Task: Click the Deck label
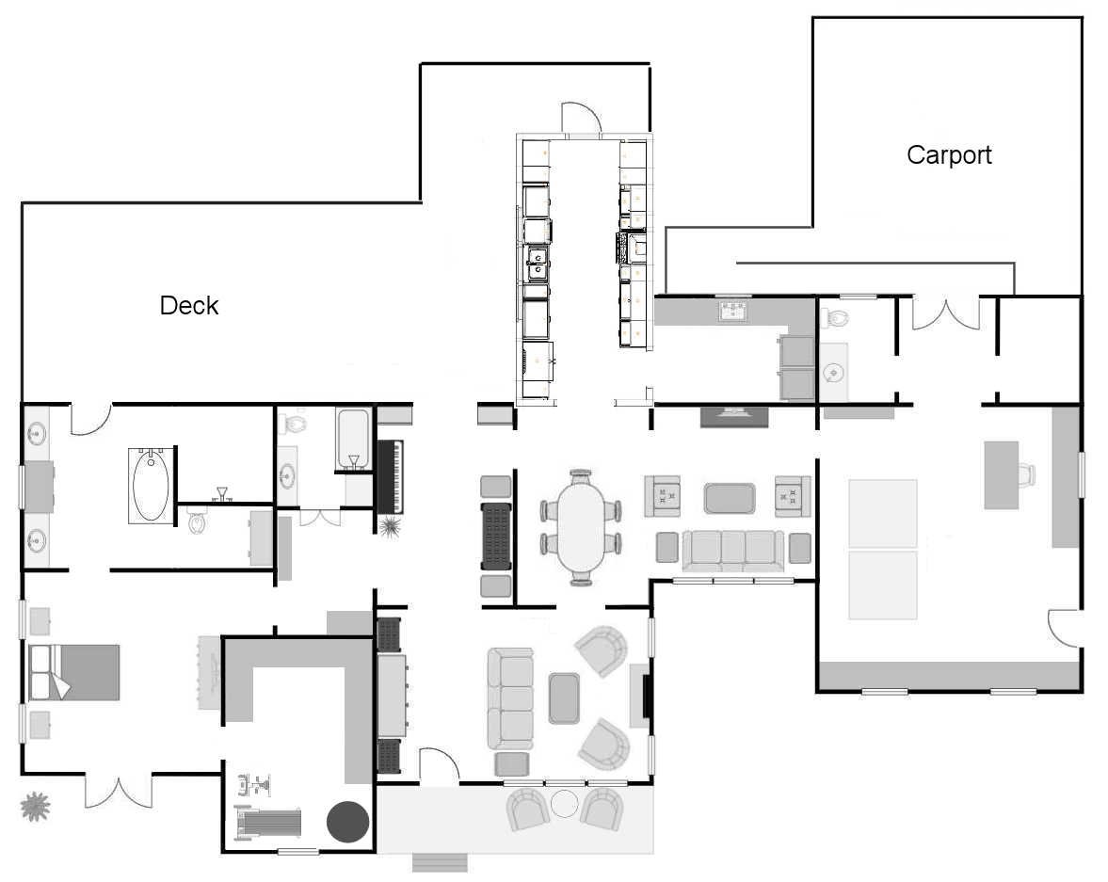(x=188, y=305)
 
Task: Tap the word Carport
(x=949, y=154)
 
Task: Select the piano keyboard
(x=390, y=477)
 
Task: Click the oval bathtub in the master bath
(x=151, y=486)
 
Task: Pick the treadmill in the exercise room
(x=268, y=821)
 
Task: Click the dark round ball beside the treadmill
(x=347, y=821)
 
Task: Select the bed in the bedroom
(x=73, y=672)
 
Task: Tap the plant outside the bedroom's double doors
(x=35, y=807)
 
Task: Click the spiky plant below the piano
(x=390, y=526)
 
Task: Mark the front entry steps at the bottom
(x=440, y=863)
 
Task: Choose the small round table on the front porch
(x=565, y=804)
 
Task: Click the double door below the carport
(x=945, y=313)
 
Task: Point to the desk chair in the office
(x=1027, y=475)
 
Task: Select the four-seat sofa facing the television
(x=733, y=550)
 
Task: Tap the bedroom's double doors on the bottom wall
(x=119, y=791)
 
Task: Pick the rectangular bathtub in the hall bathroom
(x=353, y=438)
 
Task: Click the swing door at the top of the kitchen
(x=581, y=118)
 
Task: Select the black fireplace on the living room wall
(x=646, y=697)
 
